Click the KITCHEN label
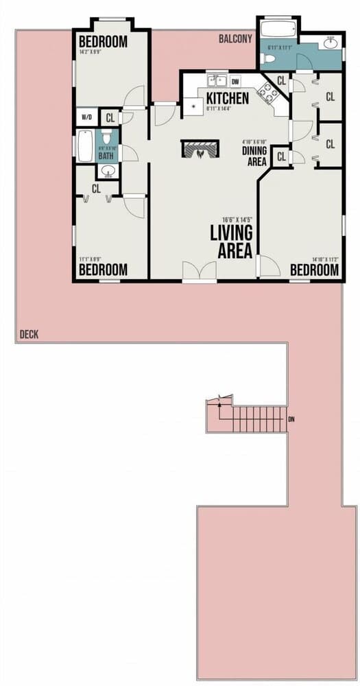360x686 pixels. point(223,97)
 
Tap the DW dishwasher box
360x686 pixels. point(235,81)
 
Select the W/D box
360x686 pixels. point(87,117)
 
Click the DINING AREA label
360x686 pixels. point(256,156)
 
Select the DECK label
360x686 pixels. point(29,335)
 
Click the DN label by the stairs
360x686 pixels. point(291,418)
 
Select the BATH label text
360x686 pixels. point(106,156)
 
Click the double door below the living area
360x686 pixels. point(200,271)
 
